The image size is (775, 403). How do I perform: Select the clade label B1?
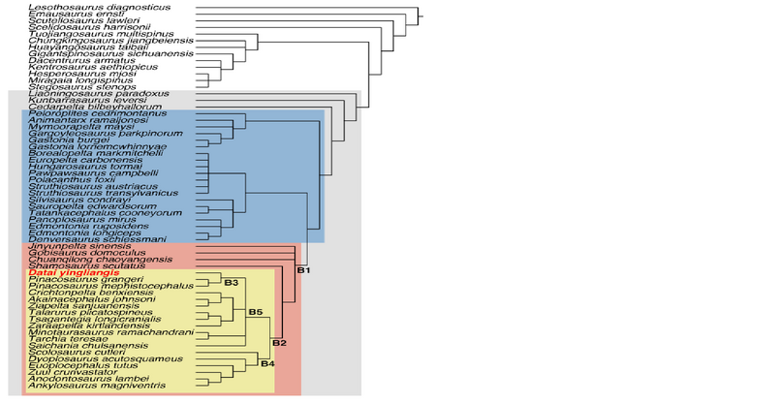(x=301, y=270)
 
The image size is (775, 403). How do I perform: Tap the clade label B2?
(x=278, y=343)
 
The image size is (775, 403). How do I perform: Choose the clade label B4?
(x=268, y=364)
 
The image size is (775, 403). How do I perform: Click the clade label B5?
(x=256, y=312)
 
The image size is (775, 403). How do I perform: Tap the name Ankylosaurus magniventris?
(x=88, y=386)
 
